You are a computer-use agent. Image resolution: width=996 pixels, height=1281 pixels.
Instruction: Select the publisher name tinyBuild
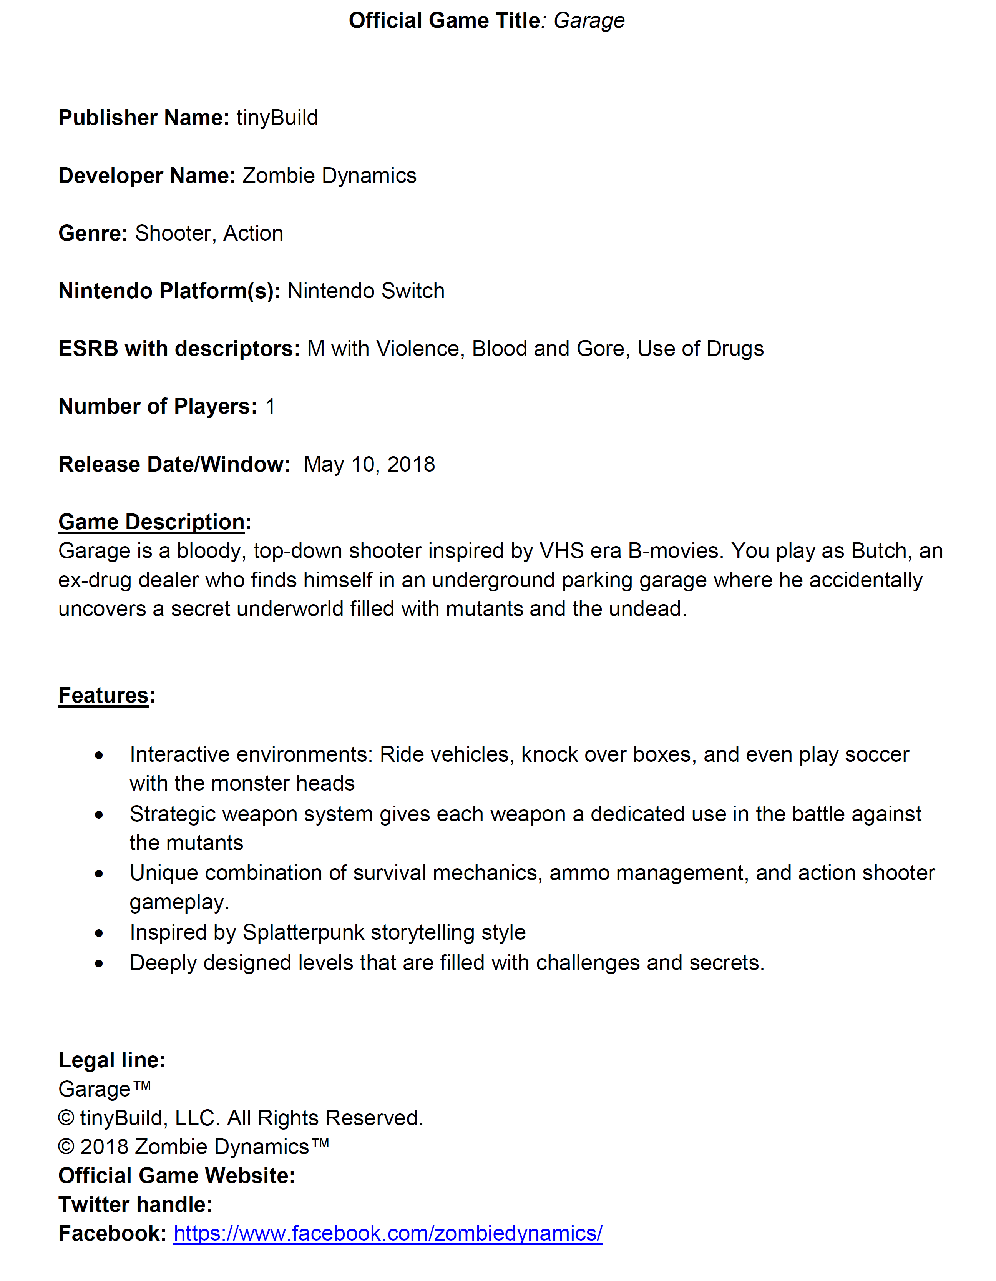277,118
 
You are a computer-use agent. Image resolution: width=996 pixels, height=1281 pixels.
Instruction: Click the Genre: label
93,233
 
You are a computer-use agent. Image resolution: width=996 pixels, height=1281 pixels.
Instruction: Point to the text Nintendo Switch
366,291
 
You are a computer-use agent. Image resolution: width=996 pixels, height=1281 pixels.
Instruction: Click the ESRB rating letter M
315,349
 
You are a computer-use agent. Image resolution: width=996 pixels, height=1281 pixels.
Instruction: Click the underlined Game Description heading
151,522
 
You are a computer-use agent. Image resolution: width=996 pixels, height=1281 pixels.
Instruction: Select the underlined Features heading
103,696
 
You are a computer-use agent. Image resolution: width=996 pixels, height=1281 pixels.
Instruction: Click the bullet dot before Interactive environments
99,756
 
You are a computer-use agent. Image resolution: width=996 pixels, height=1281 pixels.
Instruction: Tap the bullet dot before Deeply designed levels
99,964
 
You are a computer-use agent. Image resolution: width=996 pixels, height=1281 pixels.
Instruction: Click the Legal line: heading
111,1060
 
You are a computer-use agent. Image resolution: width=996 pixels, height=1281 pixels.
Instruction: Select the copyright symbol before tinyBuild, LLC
66,1118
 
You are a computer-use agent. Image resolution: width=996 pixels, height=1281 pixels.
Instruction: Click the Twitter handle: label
135,1204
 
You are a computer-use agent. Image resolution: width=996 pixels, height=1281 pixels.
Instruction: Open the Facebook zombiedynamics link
388,1233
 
